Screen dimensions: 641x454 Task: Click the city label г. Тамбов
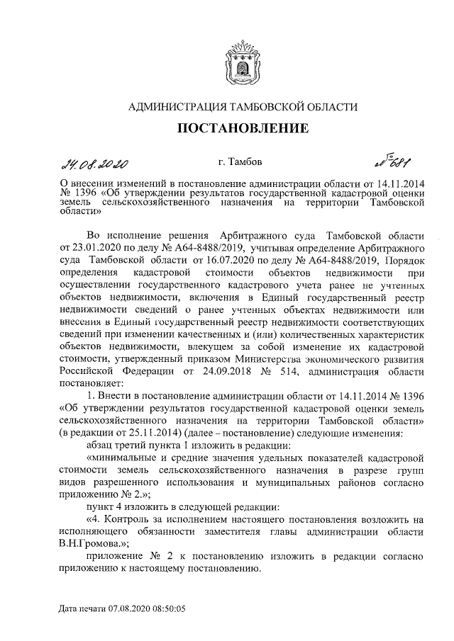click(x=240, y=164)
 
